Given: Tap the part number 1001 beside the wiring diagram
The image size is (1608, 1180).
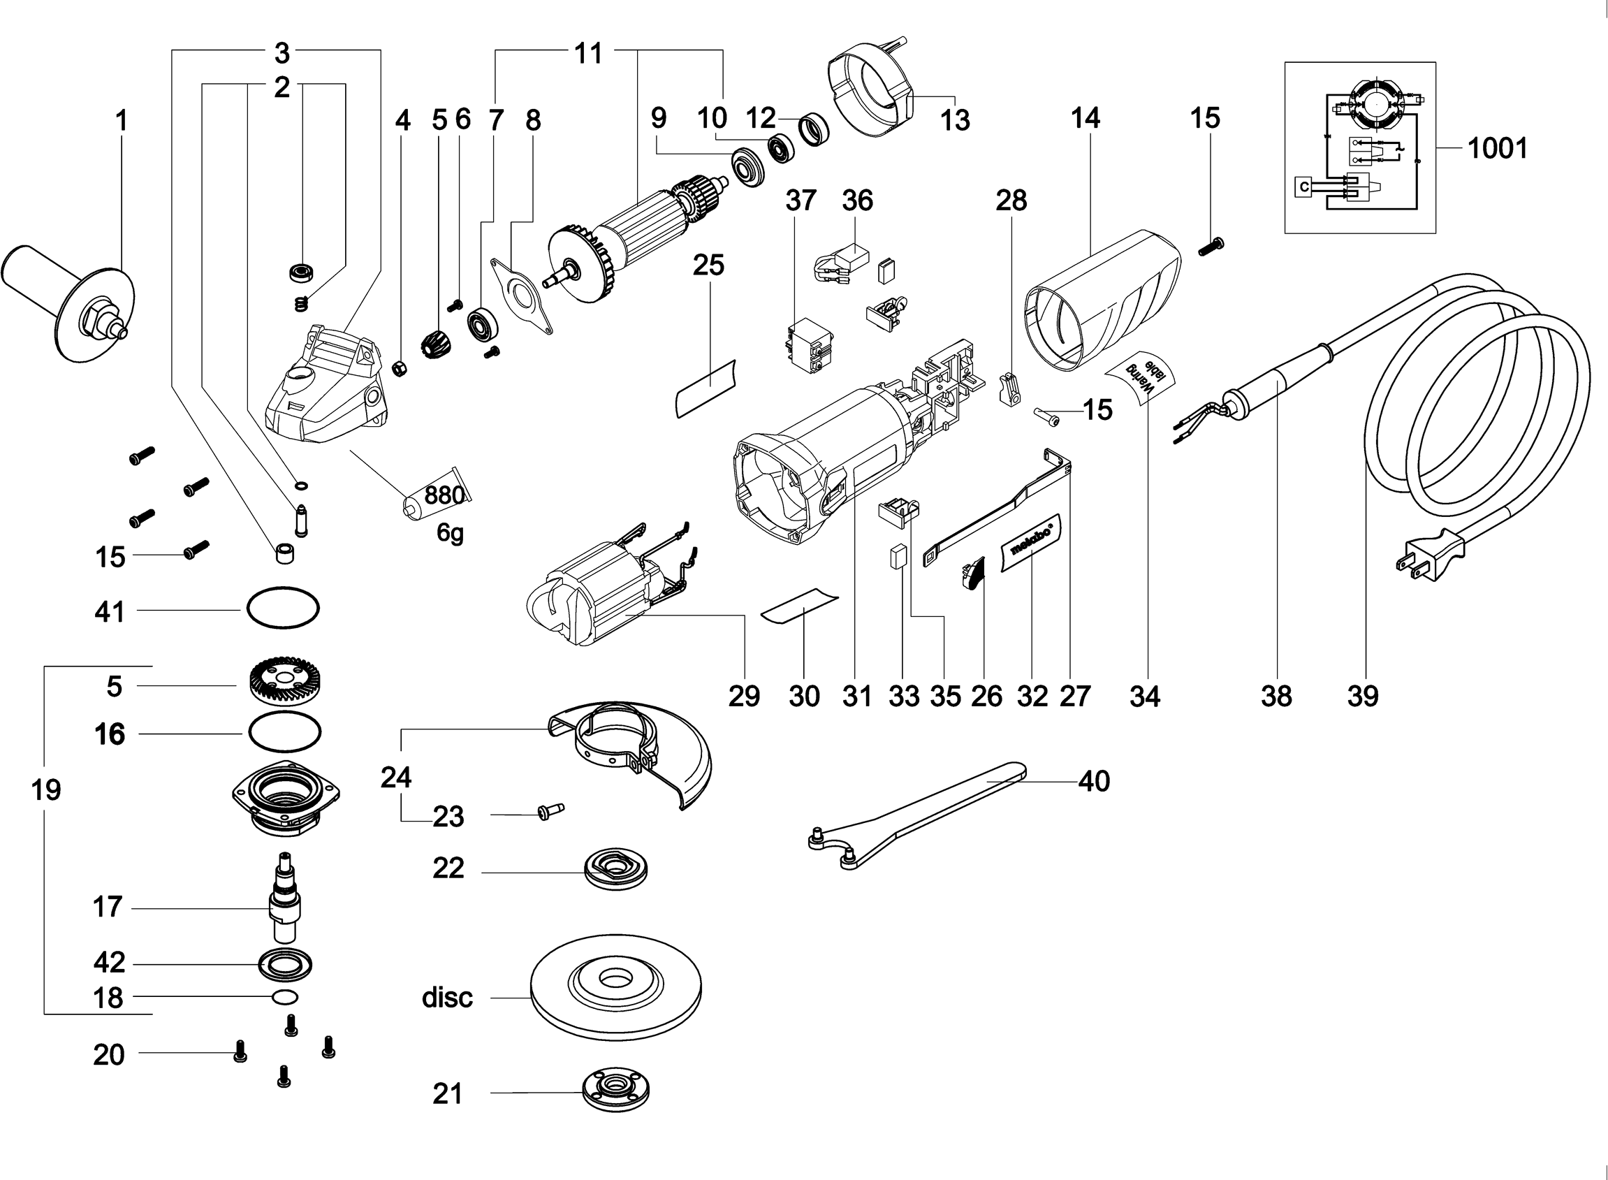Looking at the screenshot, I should [x=1498, y=149].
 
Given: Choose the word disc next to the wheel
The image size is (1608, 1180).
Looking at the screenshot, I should [x=447, y=997].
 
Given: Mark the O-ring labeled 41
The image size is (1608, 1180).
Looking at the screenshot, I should [x=283, y=609].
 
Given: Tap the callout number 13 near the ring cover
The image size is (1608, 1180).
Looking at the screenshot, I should [x=955, y=120].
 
